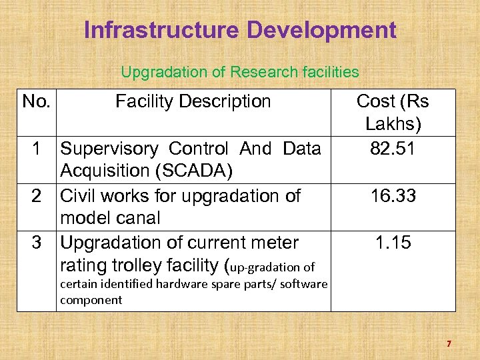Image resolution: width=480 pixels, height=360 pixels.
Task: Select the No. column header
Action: [x=39, y=101]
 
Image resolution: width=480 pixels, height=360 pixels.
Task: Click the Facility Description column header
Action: [x=193, y=101]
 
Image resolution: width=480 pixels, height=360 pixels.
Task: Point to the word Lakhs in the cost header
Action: [x=393, y=125]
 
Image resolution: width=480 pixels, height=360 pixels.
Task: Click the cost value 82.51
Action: [x=393, y=148]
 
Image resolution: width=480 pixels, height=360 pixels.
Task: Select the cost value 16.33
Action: [x=393, y=195]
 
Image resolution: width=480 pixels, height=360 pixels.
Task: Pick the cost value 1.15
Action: [x=393, y=243]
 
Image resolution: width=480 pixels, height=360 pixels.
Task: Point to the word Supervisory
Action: [x=109, y=148]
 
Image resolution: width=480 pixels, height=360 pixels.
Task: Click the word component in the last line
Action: [x=91, y=300]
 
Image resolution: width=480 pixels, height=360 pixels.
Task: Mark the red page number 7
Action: [x=449, y=344]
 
